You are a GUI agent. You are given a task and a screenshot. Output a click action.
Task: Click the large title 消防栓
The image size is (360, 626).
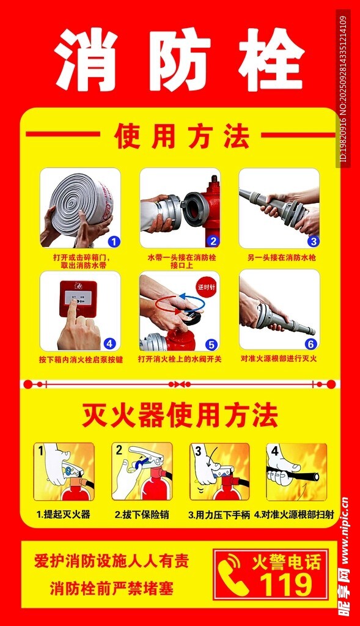tap(179, 59)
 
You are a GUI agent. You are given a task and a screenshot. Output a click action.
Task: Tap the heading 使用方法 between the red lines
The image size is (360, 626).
tap(182, 136)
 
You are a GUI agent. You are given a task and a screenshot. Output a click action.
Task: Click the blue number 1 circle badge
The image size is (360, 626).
tap(114, 241)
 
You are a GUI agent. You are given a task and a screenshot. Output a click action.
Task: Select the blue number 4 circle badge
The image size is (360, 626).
tap(109, 344)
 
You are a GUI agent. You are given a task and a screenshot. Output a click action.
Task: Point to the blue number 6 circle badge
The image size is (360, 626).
tap(311, 344)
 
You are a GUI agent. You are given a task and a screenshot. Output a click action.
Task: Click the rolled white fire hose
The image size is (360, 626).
tap(82, 204)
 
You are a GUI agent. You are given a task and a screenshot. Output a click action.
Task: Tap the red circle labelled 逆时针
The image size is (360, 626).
tap(207, 287)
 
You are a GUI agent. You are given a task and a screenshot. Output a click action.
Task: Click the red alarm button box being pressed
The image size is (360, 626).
tap(78, 298)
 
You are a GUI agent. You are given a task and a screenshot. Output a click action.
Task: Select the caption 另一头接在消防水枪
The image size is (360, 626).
tap(281, 257)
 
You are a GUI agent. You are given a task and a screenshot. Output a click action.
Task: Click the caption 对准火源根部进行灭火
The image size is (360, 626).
tap(279, 358)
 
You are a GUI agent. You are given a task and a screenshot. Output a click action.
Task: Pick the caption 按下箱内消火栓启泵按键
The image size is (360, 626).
tap(81, 359)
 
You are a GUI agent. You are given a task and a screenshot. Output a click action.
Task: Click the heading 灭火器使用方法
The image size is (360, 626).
tap(180, 415)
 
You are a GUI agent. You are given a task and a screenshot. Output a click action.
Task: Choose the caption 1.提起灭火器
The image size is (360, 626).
tap(64, 514)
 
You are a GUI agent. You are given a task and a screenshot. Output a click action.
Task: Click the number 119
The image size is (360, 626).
tap(286, 584)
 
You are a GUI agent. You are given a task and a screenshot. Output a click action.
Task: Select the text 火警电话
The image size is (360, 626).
tap(287, 562)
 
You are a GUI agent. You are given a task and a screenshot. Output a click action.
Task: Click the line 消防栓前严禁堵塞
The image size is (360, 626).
tap(112, 589)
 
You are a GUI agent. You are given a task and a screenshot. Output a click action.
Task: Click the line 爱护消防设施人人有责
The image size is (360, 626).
tap(111, 561)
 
